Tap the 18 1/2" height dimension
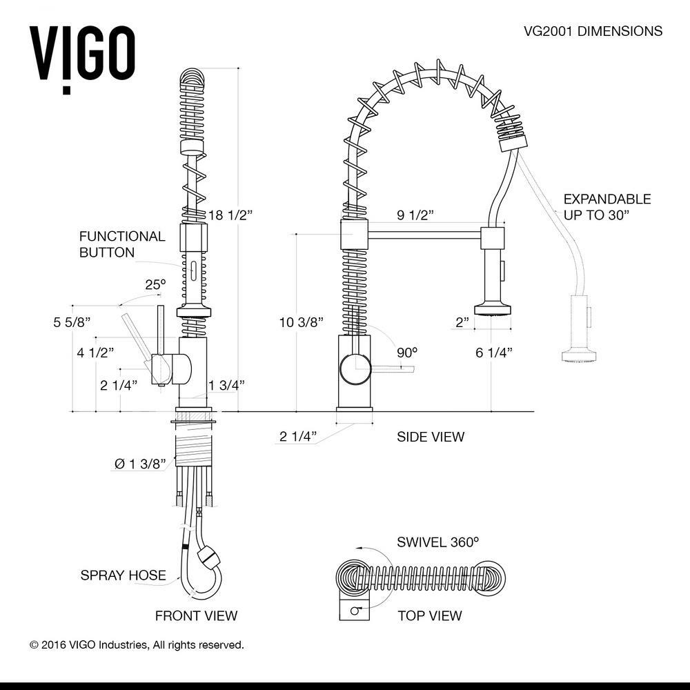tap(231, 215)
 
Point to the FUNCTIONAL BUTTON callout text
tap(122, 244)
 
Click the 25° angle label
tap(155, 284)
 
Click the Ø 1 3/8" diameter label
tap(141, 464)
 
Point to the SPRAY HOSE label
tap(123, 575)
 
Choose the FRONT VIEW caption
tap(196, 615)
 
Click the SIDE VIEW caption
tap(431, 437)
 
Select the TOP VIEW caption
tap(429, 615)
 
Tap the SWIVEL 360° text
tap(437, 542)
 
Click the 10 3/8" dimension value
tap(302, 322)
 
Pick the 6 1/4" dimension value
tap(494, 353)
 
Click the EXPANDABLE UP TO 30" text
tap(607, 206)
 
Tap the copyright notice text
tap(137, 645)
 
